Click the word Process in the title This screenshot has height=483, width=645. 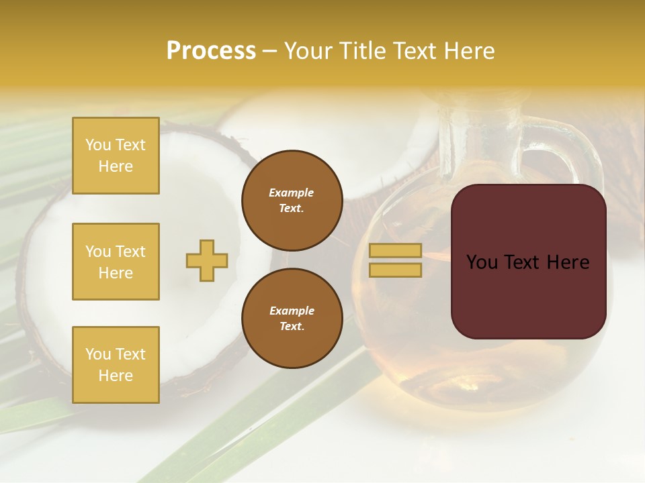pos(211,51)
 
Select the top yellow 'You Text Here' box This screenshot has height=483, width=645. pos(116,156)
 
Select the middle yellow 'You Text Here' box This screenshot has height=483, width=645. pos(116,262)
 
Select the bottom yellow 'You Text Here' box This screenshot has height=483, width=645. pos(116,364)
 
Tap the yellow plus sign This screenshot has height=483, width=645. pos(207,260)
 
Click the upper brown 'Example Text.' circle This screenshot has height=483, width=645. pos(292,201)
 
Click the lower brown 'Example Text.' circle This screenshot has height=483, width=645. pos(292,318)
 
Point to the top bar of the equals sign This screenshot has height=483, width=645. pos(395,250)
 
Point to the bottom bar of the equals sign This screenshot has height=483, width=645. pos(395,270)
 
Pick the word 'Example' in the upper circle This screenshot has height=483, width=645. pos(292,193)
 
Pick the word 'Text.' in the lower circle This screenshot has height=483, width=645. pos(292,326)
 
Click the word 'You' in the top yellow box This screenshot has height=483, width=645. pos(97,145)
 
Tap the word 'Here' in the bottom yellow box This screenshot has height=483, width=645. pos(116,376)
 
